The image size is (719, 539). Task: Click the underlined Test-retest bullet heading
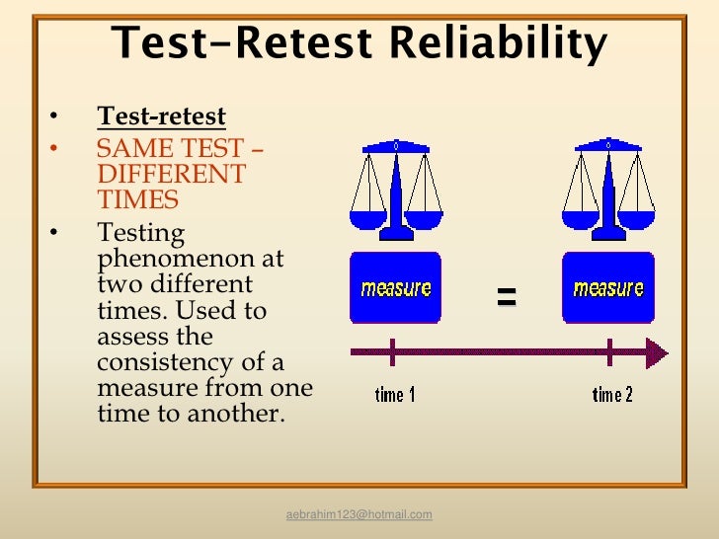tap(161, 117)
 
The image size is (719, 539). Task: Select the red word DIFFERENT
tap(171, 175)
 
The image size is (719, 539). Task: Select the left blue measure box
tap(396, 288)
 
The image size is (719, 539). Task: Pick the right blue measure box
tap(608, 288)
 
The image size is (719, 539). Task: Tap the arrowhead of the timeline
tap(657, 351)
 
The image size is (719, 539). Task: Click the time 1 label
tap(395, 395)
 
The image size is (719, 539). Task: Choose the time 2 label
tap(612, 395)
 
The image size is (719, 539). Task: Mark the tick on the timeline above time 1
tap(393, 351)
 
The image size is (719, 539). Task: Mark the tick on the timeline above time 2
tap(610, 351)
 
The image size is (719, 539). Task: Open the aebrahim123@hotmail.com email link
tap(359, 515)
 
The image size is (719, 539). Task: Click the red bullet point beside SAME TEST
tap(54, 150)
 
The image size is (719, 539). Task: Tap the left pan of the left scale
tap(366, 218)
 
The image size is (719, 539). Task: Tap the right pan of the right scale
tap(637, 218)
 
